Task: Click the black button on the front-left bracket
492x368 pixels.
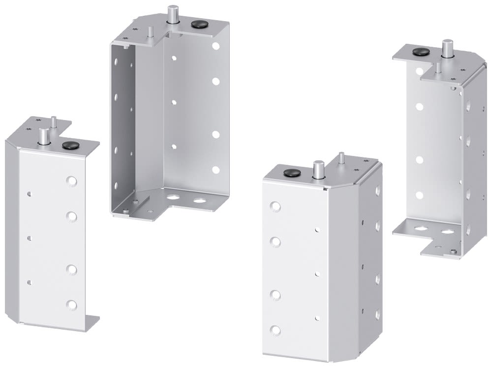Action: [66, 145]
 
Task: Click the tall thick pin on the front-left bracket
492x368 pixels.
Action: [44, 136]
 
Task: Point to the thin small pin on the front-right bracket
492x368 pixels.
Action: [341, 158]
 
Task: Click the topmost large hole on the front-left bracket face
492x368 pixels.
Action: [72, 181]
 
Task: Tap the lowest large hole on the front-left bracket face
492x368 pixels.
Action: [72, 305]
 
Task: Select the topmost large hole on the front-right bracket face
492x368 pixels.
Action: [276, 206]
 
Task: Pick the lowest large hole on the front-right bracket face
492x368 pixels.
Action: [276, 330]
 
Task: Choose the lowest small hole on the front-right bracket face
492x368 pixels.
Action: [318, 318]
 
